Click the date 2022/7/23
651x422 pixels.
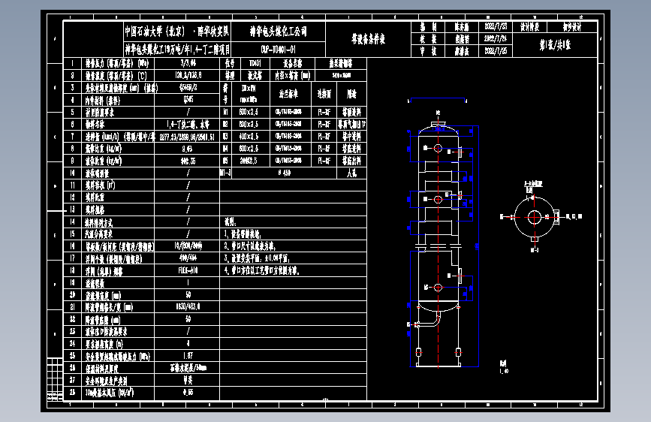[497, 26]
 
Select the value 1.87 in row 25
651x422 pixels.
[188, 355]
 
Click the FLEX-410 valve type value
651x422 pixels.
[188, 270]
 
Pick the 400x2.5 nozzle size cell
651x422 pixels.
[248, 136]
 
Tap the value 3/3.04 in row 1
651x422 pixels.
[188, 64]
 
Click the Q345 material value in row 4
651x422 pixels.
[188, 99]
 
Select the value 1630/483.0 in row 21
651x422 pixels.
[188, 306]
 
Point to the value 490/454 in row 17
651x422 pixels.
[188, 258]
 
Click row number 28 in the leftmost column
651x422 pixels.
[72, 392]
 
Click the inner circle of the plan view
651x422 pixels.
[534, 217]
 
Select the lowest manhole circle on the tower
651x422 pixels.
[436, 288]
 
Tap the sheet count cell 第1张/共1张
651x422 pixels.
[556, 44]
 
